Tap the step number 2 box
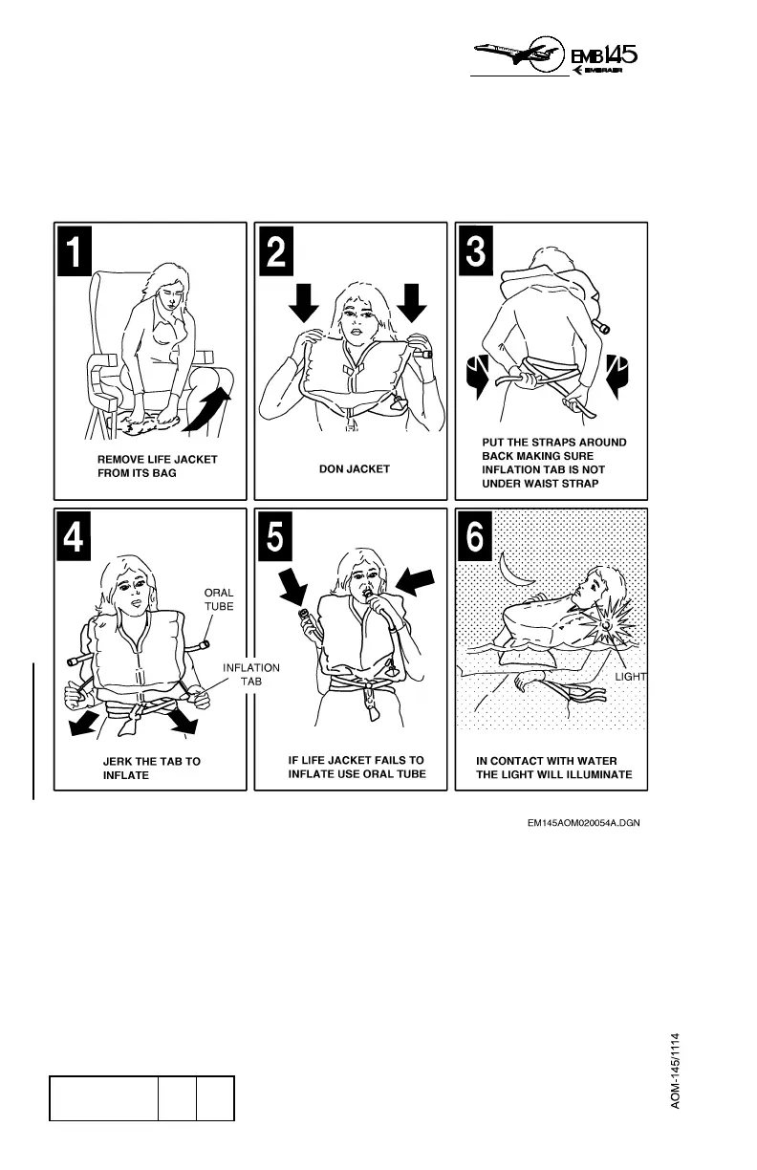pyautogui.click(x=275, y=250)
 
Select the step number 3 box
pyautogui.click(x=476, y=250)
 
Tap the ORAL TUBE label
pyautogui.click(x=219, y=598)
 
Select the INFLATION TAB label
pyautogui.click(x=251, y=675)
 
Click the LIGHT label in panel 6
pyautogui.click(x=630, y=677)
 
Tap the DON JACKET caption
pyautogui.click(x=354, y=469)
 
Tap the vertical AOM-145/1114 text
pyautogui.click(x=676, y=1069)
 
